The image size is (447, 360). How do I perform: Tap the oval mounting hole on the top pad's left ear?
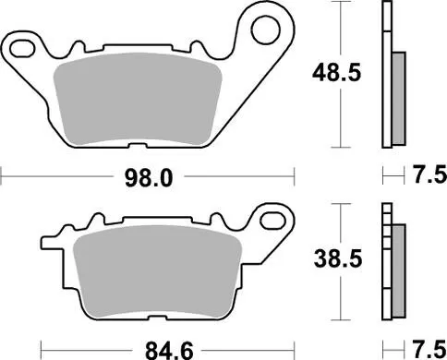click(x=20, y=45)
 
